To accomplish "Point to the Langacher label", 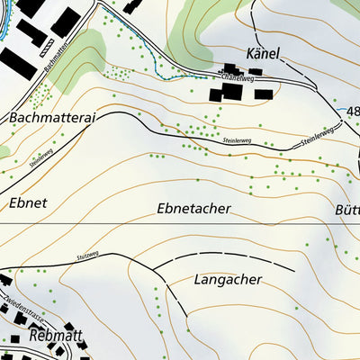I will pos(227,280).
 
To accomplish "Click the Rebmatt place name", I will pos(56,336).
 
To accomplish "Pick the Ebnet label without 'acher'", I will pos(27,203).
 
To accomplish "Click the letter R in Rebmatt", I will pos(35,336).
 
